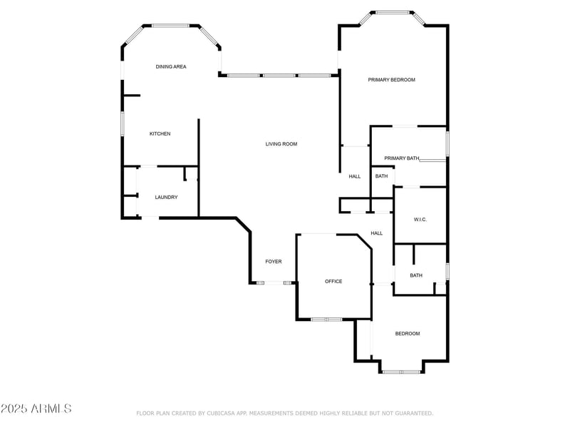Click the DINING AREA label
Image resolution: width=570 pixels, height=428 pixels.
[x=171, y=66]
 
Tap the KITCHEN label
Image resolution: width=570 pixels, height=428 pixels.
[x=160, y=133]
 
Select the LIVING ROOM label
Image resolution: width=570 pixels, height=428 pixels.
[x=281, y=144]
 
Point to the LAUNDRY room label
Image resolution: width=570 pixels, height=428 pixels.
[x=166, y=197]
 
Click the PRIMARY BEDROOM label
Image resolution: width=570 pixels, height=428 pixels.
[x=391, y=80]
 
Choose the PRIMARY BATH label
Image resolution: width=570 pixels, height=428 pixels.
[x=402, y=158]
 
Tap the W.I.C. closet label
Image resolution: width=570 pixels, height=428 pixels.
[x=420, y=220]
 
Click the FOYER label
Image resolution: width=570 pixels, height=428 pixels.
[x=274, y=261]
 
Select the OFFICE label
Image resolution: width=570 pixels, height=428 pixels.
[x=333, y=281]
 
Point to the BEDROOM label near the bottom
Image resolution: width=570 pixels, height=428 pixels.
[x=408, y=333]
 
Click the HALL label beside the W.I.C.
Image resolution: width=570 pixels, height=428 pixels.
[x=377, y=233]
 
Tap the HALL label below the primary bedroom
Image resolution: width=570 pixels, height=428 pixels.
[x=355, y=176]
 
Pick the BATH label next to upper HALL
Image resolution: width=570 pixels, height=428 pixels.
[x=381, y=175]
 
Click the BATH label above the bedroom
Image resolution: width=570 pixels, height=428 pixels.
[x=416, y=275]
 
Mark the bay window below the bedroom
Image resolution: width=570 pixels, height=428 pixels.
[x=401, y=372]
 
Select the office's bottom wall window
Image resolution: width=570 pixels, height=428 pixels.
[x=327, y=320]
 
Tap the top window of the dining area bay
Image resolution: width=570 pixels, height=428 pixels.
[x=170, y=26]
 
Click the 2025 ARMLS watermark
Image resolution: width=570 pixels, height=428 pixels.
[x=36, y=408]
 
